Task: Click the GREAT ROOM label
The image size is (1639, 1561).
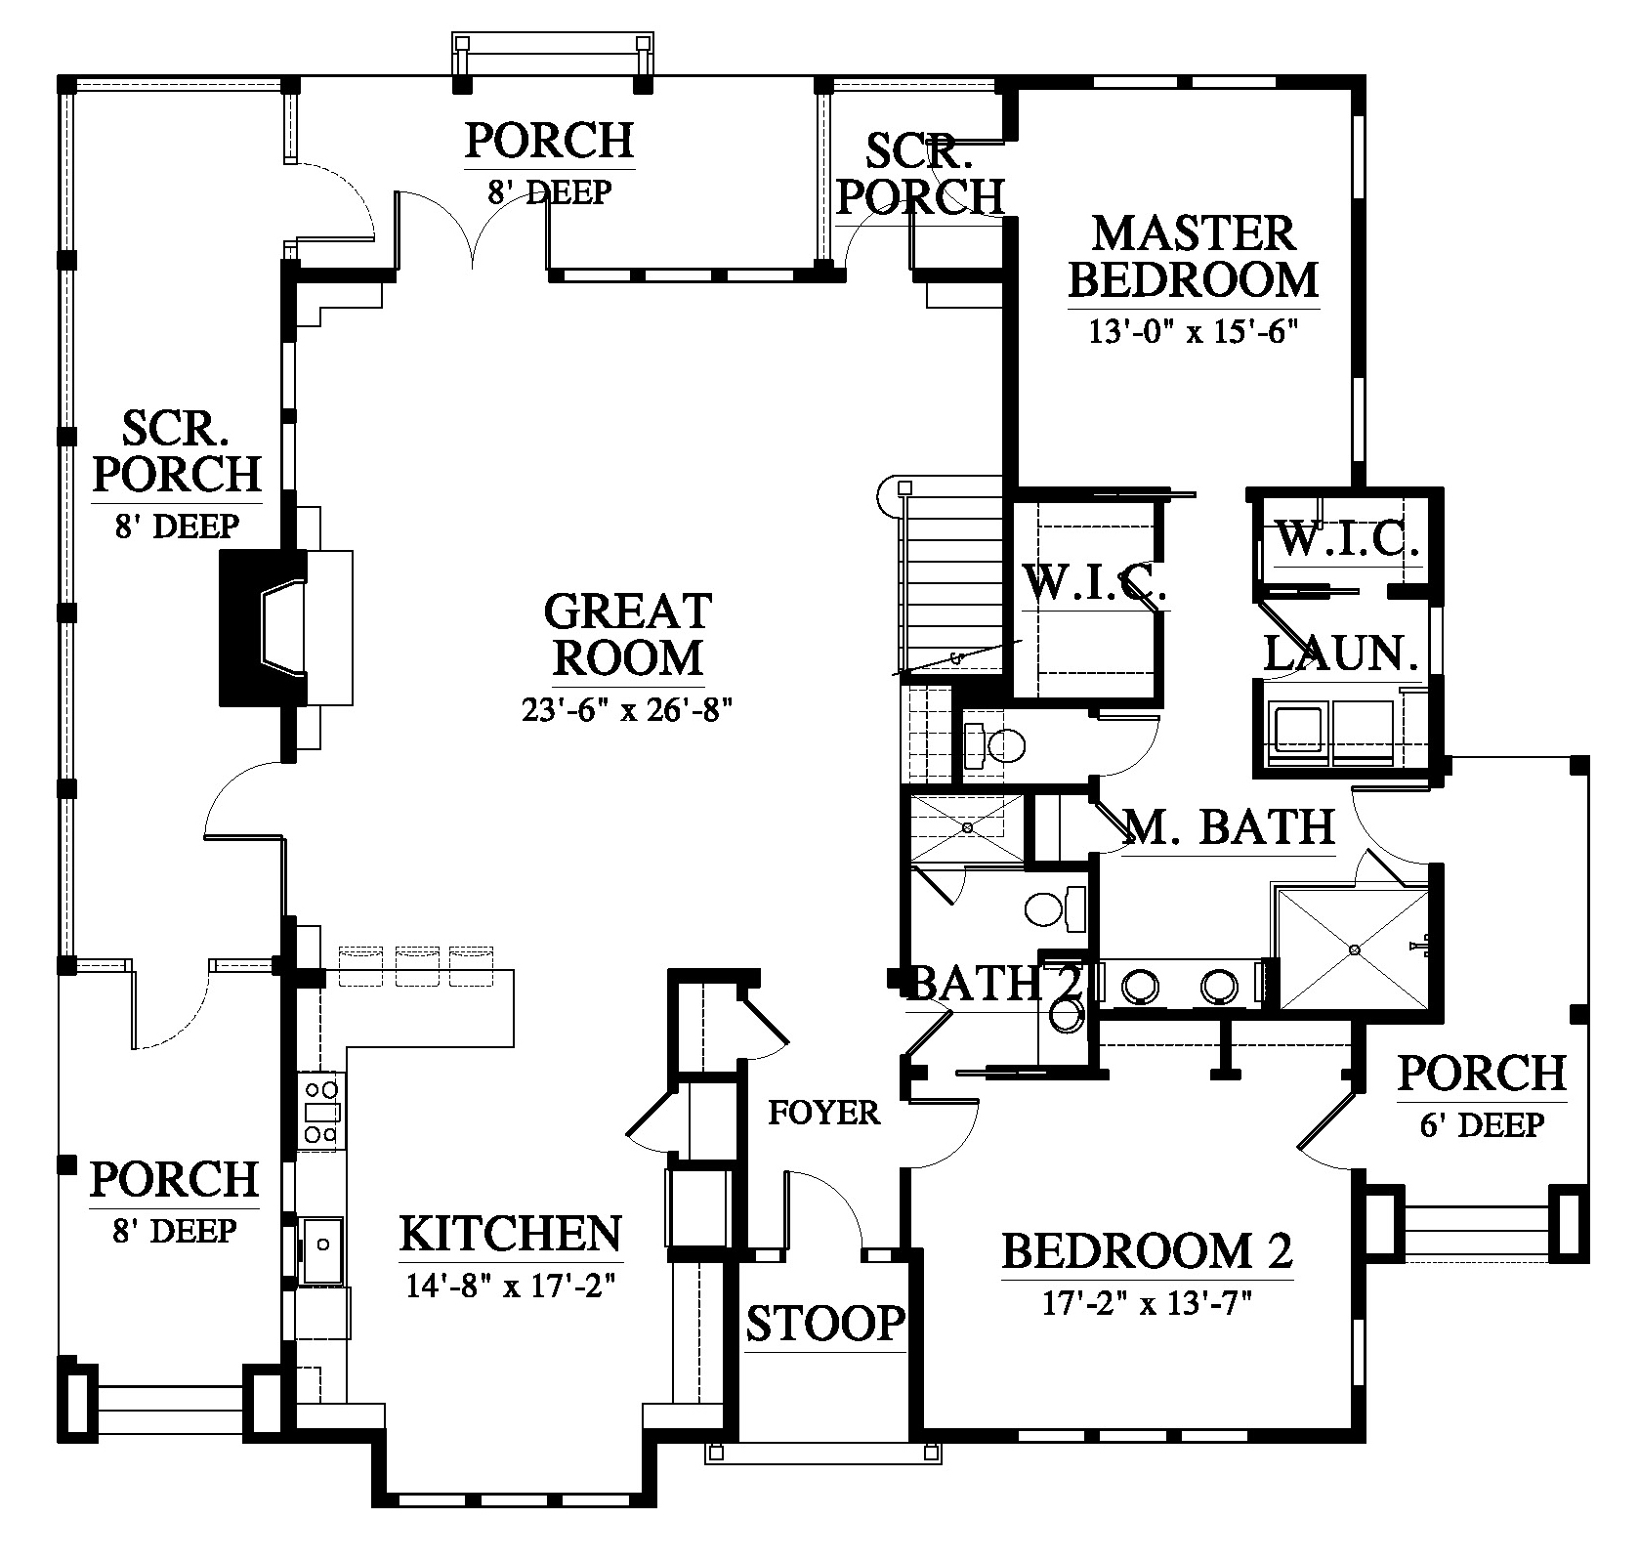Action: coord(627,635)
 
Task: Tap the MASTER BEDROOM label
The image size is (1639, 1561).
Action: coord(1193,257)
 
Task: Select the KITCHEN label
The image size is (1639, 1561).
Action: coord(511,1234)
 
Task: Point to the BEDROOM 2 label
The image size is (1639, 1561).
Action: coord(1148,1251)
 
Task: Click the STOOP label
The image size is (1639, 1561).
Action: coord(826,1324)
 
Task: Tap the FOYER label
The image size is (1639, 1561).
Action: coord(824,1112)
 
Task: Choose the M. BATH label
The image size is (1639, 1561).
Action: coord(1229,827)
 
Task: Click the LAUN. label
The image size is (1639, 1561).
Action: coord(1341,654)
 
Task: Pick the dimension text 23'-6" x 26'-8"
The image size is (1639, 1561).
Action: coord(627,710)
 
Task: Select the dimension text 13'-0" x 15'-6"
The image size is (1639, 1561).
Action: coord(1193,332)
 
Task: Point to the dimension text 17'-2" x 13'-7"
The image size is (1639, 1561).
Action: coord(1148,1303)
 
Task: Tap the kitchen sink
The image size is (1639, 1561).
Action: coord(321,1251)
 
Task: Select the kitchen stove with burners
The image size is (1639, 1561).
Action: coord(321,1111)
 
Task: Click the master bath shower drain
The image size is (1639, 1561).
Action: coord(1354,949)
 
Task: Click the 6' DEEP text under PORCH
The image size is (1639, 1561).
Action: coord(1482,1125)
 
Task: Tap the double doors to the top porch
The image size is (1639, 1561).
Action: coord(474,230)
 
